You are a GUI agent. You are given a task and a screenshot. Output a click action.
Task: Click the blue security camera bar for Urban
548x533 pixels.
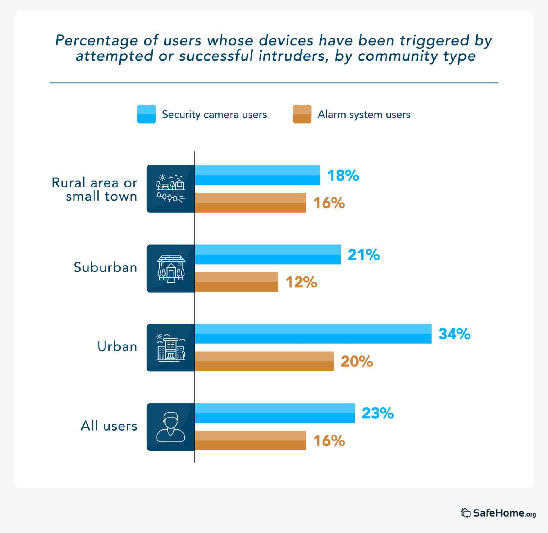(x=313, y=334)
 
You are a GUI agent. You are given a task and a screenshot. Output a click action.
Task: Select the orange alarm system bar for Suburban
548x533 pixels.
(x=236, y=282)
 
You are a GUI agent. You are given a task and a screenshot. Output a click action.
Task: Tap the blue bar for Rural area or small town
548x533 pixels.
(x=257, y=175)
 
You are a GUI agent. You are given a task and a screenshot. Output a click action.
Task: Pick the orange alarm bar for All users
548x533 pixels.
(x=250, y=441)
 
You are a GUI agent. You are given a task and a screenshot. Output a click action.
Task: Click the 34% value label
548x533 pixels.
(x=454, y=334)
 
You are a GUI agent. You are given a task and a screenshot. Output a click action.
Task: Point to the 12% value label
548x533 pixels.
(x=301, y=282)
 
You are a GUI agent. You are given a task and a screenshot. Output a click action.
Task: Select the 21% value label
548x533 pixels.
(x=364, y=255)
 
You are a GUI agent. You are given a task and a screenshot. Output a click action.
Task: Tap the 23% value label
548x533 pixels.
(x=377, y=413)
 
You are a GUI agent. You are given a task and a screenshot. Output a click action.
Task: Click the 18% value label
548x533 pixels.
(x=343, y=176)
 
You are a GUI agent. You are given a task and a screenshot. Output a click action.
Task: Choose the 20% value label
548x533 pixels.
(x=357, y=361)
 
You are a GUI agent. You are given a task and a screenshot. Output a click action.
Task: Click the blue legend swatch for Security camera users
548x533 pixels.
(x=146, y=114)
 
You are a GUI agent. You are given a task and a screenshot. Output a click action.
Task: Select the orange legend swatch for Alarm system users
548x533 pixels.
(x=302, y=114)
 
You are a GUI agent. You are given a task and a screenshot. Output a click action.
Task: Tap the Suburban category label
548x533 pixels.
(x=105, y=267)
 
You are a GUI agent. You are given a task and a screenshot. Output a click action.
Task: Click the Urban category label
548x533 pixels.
(x=117, y=346)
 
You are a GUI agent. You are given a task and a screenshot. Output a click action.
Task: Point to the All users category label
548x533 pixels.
(x=109, y=426)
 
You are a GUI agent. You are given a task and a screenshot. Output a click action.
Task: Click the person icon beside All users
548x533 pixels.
(x=171, y=427)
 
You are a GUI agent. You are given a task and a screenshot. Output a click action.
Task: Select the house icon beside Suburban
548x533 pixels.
(x=171, y=269)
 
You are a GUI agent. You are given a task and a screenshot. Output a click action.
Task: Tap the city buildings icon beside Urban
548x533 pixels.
(x=171, y=348)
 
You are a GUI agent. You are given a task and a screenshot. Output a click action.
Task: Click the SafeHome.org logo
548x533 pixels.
(x=498, y=513)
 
